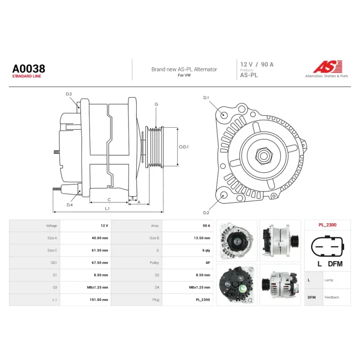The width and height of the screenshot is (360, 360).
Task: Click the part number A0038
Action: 29,68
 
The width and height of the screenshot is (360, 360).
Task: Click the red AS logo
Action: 328,67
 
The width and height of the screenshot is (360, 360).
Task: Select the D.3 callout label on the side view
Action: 69,94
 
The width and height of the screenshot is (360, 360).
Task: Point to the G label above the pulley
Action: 156,104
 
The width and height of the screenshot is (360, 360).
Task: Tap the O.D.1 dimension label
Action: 184,147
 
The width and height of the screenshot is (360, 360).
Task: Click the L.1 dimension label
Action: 107,208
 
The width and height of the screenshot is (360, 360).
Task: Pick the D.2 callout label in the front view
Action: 206,213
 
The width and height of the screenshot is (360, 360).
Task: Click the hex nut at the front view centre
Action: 264,156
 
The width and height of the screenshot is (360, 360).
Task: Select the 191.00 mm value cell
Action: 99,300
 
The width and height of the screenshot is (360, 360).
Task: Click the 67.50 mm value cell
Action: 99,263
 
